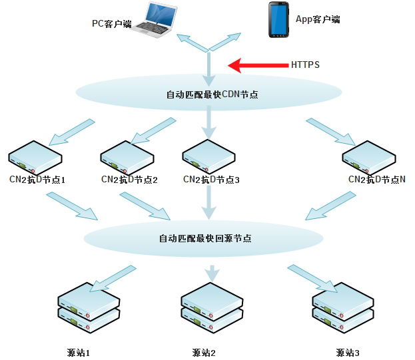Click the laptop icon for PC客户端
[x=155, y=19]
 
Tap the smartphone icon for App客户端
[x=278, y=17]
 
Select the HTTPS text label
[x=305, y=65]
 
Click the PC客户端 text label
[x=111, y=24]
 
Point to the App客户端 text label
[x=318, y=19]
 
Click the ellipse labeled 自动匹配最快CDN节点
[x=211, y=94]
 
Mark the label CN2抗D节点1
[x=37, y=180]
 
